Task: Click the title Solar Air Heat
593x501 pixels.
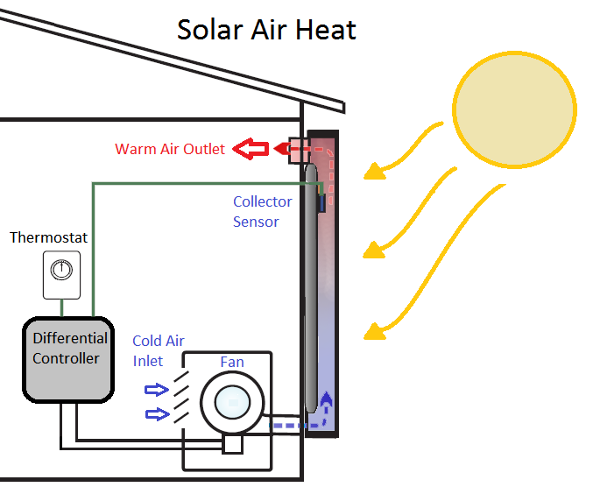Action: (266, 30)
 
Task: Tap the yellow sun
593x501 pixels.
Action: (514, 108)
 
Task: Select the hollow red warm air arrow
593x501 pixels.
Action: (255, 149)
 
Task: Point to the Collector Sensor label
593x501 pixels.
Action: (262, 211)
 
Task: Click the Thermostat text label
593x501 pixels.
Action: (49, 238)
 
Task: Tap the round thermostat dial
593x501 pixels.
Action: (60, 270)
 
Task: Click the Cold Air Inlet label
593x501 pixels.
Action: (158, 350)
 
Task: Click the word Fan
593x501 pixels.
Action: (232, 362)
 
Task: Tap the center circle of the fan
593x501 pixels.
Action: (234, 403)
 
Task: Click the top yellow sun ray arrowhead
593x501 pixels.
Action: (374, 171)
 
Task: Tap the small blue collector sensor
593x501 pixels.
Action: (321, 203)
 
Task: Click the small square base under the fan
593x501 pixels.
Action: (232, 445)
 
